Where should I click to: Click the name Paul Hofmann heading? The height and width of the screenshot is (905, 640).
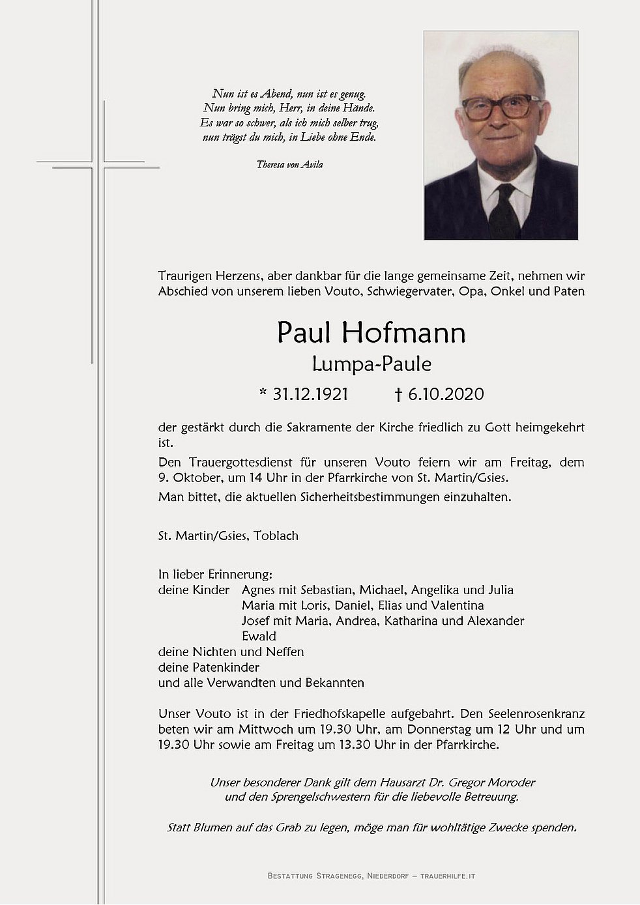(x=371, y=333)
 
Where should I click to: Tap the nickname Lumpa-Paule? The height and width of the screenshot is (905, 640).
(x=371, y=364)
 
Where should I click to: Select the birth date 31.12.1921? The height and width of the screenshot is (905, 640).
(x=310, y=394)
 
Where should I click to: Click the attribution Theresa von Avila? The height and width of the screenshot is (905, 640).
(x=289, y=165)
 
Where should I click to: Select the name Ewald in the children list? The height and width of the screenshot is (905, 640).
(x=259, y=637)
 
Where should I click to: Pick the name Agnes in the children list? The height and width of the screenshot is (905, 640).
(x=259, y=590)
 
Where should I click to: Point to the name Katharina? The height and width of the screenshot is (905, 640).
(x=411, y=621)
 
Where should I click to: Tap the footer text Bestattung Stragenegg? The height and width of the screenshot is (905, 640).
(x=320, y=876)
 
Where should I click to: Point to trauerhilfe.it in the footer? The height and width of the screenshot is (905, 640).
(x=449, y=876)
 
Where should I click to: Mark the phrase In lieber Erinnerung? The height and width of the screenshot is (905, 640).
(x=215, y=575)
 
